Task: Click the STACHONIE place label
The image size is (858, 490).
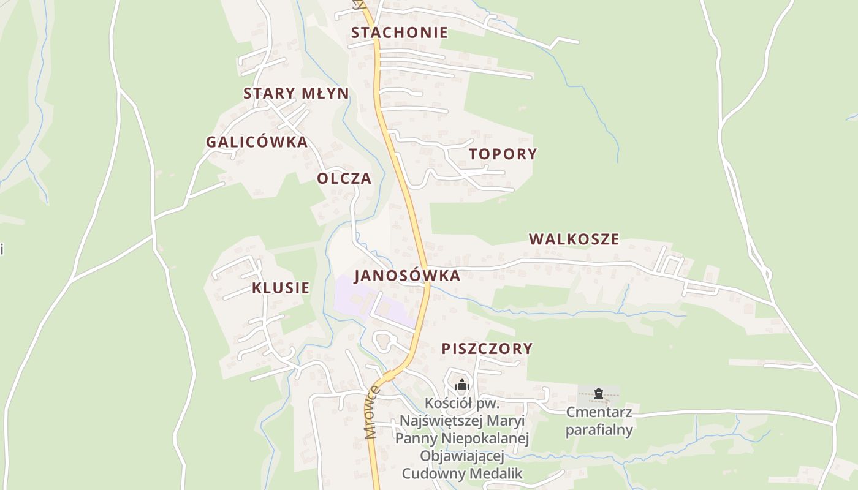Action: click(399, 32)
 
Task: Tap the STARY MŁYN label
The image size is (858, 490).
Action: click(296, 94)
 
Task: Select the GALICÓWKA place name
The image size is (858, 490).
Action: click(256, 142)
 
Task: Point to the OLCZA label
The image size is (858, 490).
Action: click(344, 178)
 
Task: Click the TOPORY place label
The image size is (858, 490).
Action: click(503, 154)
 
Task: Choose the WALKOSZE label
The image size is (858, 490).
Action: click(574, 239)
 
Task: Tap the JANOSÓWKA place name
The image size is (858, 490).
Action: click(407, 276)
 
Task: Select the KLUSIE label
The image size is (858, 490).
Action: click(281, 288)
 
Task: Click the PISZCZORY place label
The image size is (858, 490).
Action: click(487, 349)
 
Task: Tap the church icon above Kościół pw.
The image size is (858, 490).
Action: click(462, 385)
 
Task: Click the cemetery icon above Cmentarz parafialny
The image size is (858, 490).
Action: click(599, 394)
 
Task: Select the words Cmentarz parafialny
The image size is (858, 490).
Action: click(599, 421)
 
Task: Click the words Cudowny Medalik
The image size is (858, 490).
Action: click(462, 473)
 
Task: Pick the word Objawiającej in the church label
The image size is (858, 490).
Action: click(462, 456)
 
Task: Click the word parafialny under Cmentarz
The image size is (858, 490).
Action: click(599, 430)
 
